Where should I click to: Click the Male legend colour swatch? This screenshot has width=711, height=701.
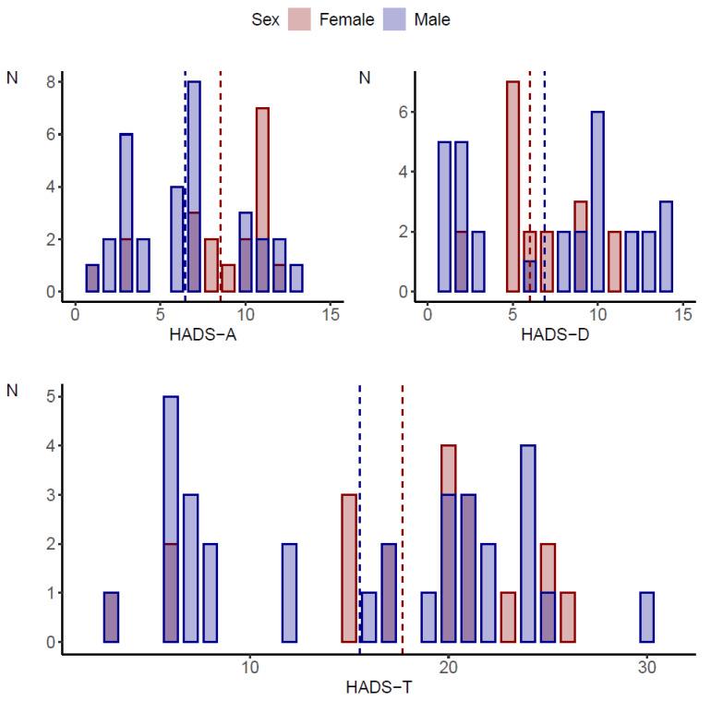tap(395, 18)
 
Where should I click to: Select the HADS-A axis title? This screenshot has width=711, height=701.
tap(202, 334)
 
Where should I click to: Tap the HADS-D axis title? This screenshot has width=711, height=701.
tap(555, 334)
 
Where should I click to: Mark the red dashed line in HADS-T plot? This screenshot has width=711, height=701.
tap(403, 517)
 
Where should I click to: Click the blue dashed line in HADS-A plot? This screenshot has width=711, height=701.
tap(185, 185)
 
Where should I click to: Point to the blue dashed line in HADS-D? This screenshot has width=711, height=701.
tap(544, 185)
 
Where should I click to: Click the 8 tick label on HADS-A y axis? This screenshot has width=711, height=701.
tap(54, 81)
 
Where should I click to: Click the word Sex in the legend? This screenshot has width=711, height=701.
tap(265, 18)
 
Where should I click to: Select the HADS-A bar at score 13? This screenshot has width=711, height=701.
tap(296, 278)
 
